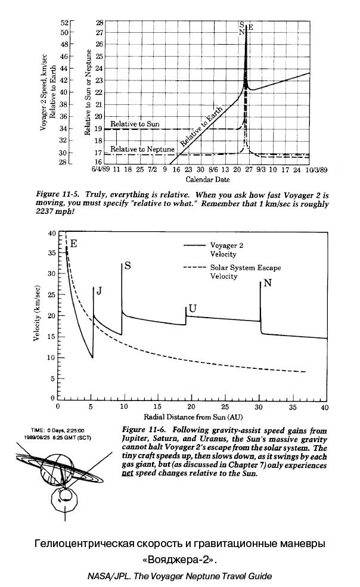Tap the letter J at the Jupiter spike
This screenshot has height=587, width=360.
point(100,291)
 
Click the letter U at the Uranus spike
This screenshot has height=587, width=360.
point(191,308)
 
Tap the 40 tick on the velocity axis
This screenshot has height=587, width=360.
point(51,233)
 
